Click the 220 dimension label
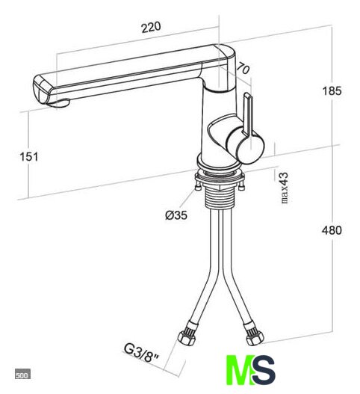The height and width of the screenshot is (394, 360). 151,27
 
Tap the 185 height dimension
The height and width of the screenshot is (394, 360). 332,90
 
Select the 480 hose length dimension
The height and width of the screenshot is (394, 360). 332,230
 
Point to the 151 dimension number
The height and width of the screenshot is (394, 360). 29,157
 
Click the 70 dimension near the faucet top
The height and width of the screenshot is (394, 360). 243,68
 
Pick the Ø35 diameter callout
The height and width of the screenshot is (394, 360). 176,215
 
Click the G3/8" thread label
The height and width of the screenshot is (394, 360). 141,354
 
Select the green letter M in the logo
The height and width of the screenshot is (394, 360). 239,370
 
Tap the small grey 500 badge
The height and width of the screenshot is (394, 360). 22,374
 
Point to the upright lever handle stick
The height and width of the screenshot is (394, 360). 247,114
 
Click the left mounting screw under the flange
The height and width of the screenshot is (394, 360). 198,186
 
